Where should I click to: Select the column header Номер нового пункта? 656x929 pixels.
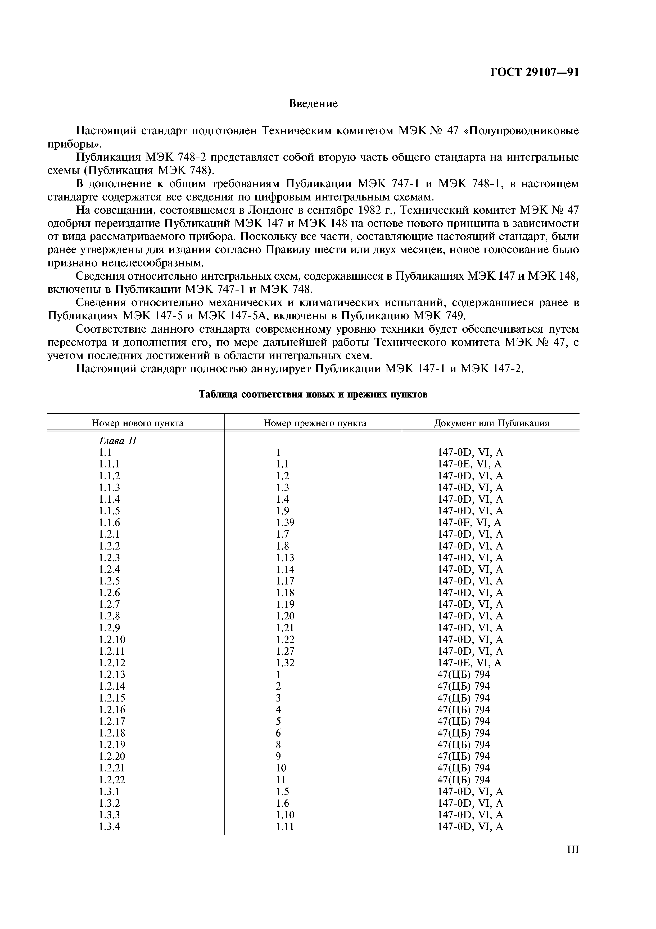pyautogui.click(x=137, y=423)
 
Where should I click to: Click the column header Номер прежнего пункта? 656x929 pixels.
pyautogui.click(x=315, y=423)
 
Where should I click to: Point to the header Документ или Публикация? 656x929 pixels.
pyautogui.click(x=491, y=423)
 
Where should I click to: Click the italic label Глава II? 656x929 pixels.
pyautogui.click(x=117, y=441)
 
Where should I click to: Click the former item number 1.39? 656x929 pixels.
pyautogui.click(x=285, y=522)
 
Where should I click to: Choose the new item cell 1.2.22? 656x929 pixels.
pyautogui.click(x=112, y=780)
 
